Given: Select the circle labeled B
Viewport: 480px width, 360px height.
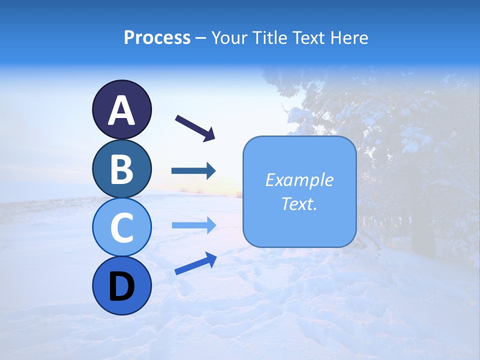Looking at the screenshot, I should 121,169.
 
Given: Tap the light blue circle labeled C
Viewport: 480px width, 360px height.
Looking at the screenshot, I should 121,227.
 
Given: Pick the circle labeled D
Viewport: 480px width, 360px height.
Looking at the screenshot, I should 121,285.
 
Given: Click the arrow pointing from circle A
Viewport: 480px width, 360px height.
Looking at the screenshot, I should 195,127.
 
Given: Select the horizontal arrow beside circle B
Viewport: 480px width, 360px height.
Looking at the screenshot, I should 193,171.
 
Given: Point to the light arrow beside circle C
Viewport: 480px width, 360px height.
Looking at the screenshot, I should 193,225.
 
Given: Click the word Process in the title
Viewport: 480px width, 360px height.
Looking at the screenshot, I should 157,37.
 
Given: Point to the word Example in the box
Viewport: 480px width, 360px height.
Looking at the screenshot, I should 299,180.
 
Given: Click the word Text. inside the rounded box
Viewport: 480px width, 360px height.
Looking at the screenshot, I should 299,203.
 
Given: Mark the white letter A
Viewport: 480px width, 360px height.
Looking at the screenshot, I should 121,110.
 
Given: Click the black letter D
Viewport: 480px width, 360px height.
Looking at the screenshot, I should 121,287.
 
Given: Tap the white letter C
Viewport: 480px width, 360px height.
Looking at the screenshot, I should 121,228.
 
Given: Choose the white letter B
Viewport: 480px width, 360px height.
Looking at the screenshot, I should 121,169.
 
